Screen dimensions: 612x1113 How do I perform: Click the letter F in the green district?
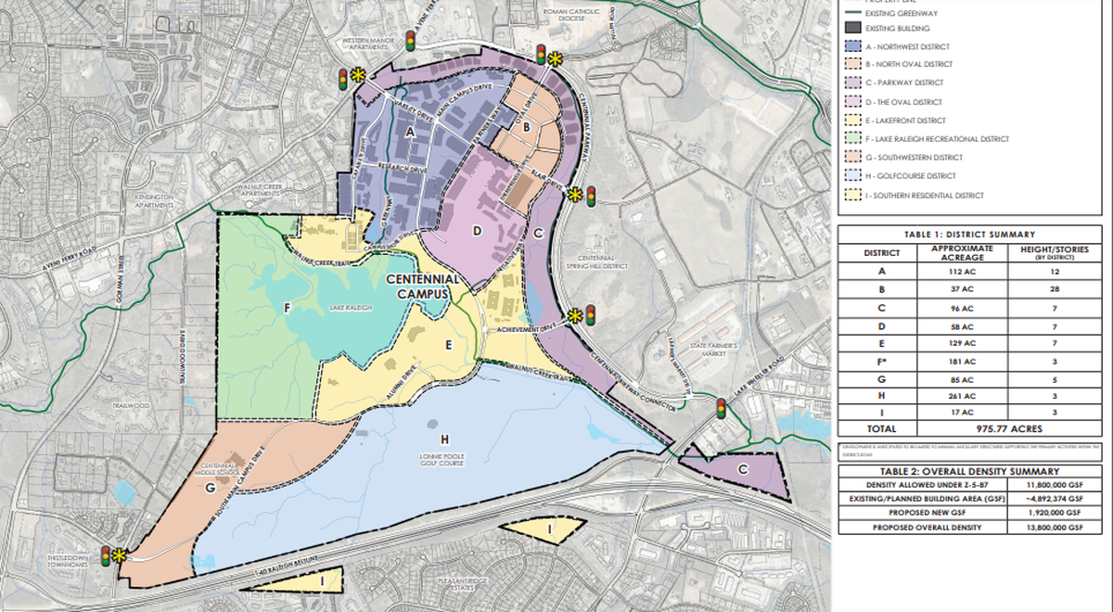pyautogui.click(x=288, y=307)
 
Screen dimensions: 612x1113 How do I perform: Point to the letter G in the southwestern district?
pyautogui.click(x=211, y=486)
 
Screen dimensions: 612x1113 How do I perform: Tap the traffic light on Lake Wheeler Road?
pyautogui.click(x=720, y=407)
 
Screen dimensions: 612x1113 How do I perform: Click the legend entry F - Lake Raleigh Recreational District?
pyautogui.click(x=936, y=139)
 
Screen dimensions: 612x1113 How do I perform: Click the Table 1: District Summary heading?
pyautogui.click(x=974, y=235)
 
